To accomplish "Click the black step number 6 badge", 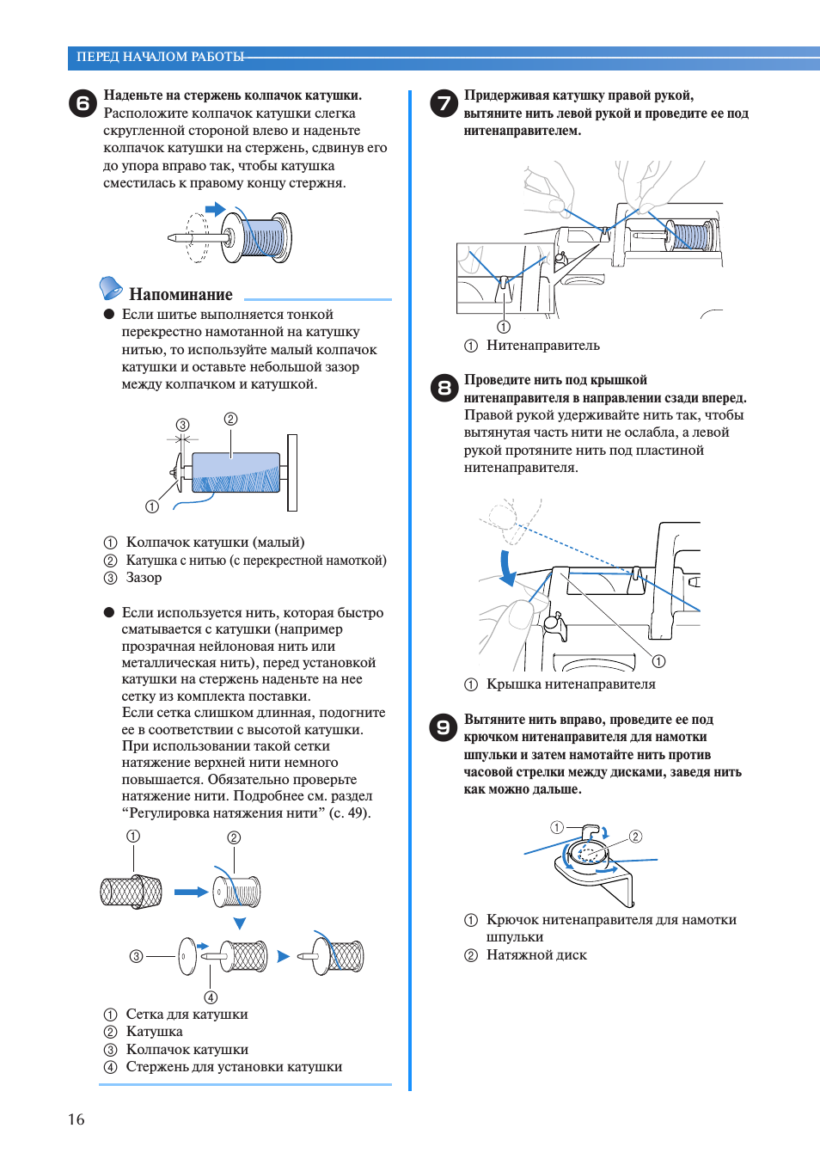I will (83, 103).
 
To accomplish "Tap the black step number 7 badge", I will (444, 103).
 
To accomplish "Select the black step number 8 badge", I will (444, 388).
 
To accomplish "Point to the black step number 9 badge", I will (444, 727).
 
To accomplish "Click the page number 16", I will (76, 1119).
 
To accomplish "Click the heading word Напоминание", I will (181, 294).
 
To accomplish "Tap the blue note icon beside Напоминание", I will (111, 287).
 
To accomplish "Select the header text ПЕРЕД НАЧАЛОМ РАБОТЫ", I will (160, 57).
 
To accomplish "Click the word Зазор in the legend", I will (144, 578).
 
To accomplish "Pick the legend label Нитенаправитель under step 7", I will (542, 346).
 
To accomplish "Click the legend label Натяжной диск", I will (536, 955).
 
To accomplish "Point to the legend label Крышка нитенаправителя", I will (571, 684).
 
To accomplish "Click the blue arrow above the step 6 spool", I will (215, 209).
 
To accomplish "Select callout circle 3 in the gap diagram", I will (182, 425).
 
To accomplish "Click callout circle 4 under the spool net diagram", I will (211, 997).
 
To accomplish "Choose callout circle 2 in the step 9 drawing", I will (635, 837).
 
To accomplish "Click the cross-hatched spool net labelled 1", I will (132, 892).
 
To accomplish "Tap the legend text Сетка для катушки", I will (187, 1015).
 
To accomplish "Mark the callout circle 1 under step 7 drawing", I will (504, 327).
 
